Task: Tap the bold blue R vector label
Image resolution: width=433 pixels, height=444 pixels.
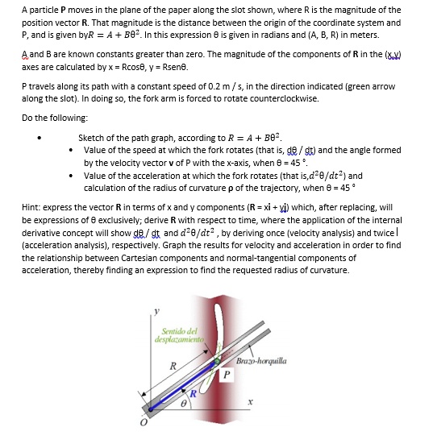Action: [x=193, y=392]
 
